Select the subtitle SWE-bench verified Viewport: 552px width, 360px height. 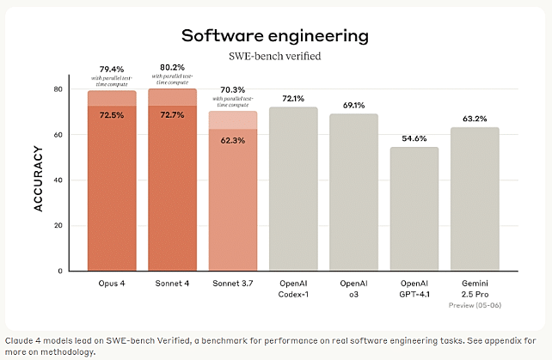pyautogui.click(x=275, y=56)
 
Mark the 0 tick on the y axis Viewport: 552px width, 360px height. pyautogui.click(x=59, y=272)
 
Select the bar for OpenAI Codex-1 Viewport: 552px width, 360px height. pyautogui.click(x=293, y=189)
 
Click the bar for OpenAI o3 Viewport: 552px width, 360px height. pyautogui.click(x=353, y=192)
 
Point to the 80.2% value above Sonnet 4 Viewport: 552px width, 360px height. pyautogui.click(x=172, y=67)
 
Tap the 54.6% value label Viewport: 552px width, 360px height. pyautogui.click(x=414, y=137)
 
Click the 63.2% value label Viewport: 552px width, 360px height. pyautogui.click(x=474, y=118)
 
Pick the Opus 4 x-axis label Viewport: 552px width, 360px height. pyautogui.click(x=112, y=283)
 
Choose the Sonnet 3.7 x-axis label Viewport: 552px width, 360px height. pyautogui.click(x=232, y=283)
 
